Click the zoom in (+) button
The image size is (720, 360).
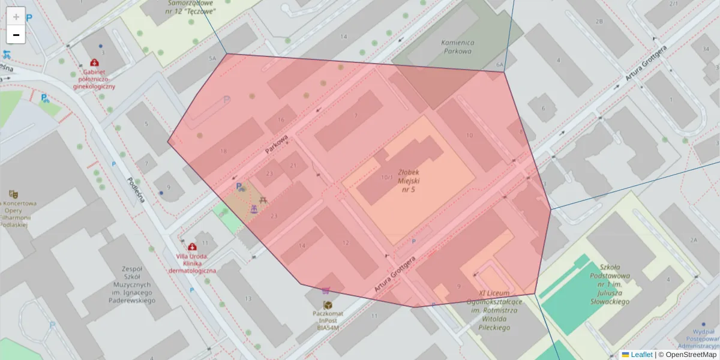coord(16,16)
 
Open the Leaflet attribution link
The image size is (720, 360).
coord(641,355)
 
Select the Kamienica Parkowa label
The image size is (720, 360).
coord(457,47)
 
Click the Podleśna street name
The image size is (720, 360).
coord(136,190)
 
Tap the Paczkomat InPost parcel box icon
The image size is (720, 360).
coord(328,305)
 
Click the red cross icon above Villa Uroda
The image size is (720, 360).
coord(191,247)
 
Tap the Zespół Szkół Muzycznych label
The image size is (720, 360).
coord(131,284)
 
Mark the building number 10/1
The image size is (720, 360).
coord(387,178)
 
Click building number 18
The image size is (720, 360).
coord(223,151)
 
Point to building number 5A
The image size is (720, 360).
coord(212,58)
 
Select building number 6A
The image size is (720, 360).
coord(499,64)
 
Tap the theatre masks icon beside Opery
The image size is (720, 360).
coord(13,194)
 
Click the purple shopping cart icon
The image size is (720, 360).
coord(326,291)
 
